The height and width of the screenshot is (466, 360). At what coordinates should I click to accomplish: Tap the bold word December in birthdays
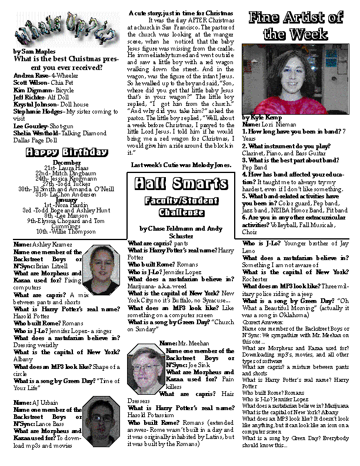(x=66, y=162)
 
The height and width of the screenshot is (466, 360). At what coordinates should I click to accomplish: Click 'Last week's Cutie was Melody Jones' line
(x=181, y=165)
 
